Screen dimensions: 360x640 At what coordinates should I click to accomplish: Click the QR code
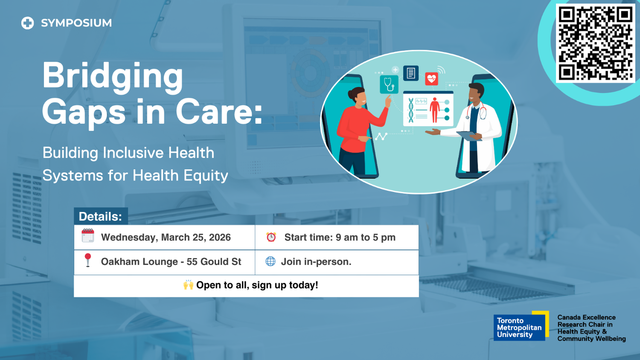pyautogui.click(x=595, y=44)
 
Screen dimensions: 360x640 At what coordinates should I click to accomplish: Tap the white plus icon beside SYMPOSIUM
pyautogui.click(x=28, y=23)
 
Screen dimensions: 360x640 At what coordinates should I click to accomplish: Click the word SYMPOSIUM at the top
pyautogui.click(x=76, y=23)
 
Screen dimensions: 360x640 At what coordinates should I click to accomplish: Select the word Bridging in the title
pyautogui.click(x=113, y=76)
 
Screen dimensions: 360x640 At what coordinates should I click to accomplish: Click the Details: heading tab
pyautogui.click(x=100, y=217)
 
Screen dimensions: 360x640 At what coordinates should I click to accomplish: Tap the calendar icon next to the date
pyautogui.click(x=88, y=235)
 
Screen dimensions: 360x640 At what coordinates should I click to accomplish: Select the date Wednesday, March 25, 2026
pyautogui.click(x=166, y=238)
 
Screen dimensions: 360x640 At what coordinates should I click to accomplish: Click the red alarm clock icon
pyautogui.click(x=271, y=237)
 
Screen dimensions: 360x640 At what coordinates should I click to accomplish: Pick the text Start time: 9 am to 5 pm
pyautogui.click(x=340, y=238)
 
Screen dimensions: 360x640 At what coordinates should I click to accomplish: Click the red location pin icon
pyautogui.click(x=88, y=260)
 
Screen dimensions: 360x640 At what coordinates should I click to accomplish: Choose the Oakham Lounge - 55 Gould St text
pyautogui.click(x=171, y=262)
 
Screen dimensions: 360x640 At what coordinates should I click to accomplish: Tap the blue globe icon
pyautogui.click(x=271, y=261)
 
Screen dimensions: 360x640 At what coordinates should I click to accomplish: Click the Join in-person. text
pyautogui.click(x=316, y=262)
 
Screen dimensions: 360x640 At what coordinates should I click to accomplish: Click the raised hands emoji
pyautogui.click(x=189, y=285)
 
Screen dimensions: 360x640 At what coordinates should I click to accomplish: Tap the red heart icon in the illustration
pyautogui.click(x=432, y=78)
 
